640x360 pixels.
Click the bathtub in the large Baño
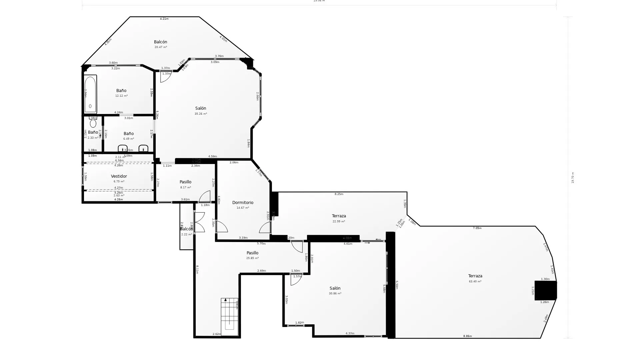90,94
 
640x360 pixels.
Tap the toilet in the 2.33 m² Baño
93,123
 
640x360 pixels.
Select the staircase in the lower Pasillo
229,317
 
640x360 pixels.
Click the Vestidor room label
119,176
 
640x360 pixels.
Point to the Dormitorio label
243,203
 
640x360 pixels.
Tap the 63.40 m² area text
475,281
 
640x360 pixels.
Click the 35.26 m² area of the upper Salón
201,114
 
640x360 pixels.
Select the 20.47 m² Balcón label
160,42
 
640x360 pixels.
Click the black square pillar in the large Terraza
545,290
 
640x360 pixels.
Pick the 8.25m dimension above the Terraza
339,194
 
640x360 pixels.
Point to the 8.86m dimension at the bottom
467,336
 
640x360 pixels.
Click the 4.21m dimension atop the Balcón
164,19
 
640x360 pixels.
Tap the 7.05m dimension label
477,228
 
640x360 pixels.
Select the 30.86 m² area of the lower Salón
335,294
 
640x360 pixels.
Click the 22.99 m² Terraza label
339,216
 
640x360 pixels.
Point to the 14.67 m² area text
243,208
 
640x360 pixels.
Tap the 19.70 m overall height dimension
573,178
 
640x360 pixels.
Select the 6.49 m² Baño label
129,134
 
